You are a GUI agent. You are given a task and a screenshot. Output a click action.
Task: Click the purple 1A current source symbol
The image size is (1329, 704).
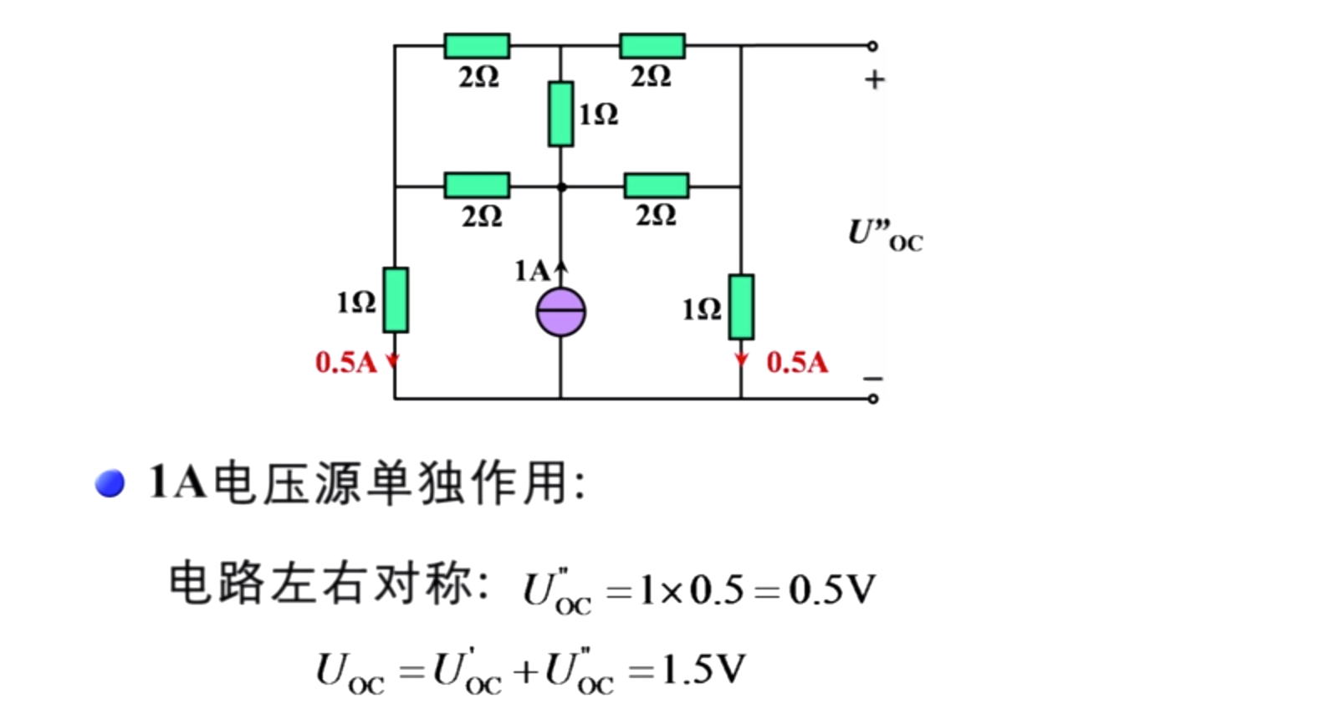coord(560,312)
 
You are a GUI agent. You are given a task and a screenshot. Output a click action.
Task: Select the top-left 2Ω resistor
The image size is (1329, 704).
coord(477,46)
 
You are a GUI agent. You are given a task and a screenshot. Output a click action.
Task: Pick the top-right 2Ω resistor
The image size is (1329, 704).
coord(652,46)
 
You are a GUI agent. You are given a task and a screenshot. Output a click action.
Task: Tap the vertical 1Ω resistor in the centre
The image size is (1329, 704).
coord(561,114)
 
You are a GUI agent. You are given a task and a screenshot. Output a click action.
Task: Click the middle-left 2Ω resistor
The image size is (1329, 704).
coord(477,185)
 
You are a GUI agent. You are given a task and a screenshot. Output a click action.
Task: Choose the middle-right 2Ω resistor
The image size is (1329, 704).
coord(657,185)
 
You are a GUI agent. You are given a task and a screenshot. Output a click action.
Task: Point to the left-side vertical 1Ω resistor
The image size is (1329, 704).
coord(396,300)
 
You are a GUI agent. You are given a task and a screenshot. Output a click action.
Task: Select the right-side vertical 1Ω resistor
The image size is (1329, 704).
coord(741,307)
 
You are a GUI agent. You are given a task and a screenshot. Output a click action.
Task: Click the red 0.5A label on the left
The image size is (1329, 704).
coord(346,362)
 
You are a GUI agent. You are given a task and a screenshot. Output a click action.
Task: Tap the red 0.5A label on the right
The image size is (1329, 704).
coord(797,362)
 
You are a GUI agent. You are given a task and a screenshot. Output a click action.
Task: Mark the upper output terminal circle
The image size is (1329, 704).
coord(872,46)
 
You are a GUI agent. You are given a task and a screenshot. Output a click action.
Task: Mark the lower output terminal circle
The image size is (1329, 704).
coord(872,399)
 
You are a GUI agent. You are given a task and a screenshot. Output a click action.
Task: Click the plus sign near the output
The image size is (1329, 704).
coord(875,79)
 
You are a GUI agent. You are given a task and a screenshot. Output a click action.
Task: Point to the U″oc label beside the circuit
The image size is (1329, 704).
coord(885,234)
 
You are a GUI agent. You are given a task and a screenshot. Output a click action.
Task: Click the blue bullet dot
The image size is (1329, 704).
coord(110,483)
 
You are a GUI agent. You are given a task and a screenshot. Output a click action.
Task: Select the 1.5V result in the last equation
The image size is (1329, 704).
coord(703,670)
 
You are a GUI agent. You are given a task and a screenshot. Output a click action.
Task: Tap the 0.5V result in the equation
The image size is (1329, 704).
coord(832,590)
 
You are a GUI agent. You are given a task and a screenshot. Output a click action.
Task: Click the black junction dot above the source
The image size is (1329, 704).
coord(561,187)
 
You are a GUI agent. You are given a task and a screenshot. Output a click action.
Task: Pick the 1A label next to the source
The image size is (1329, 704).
coord(532,271)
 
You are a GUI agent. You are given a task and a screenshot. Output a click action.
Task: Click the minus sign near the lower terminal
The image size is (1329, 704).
coord(873,379)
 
